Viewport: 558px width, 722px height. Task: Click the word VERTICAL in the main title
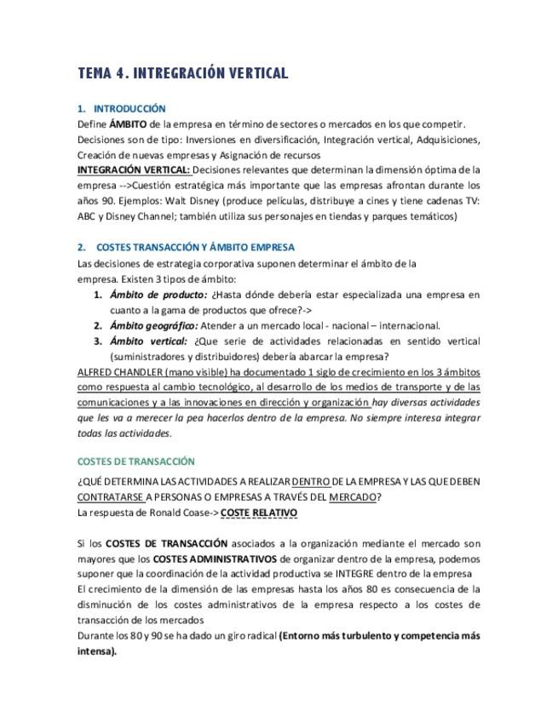pos(257,73)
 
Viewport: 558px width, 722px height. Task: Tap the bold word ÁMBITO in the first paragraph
pos(127,124)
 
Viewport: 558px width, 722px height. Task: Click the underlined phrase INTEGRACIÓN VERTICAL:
pos(134,170)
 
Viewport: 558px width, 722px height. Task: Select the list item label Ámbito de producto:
pos(158,295)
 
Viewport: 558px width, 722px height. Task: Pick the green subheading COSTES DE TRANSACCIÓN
pos(135,461)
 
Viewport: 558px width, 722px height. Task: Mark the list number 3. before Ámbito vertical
pos(98,341)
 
